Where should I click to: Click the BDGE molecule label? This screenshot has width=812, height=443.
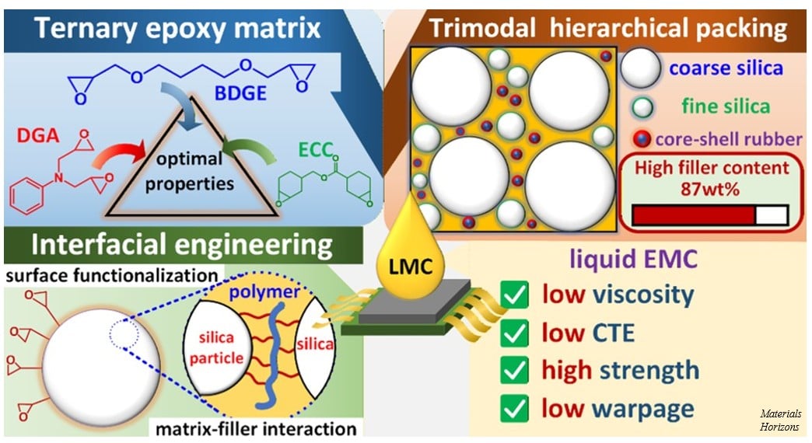click(x=240, y=92)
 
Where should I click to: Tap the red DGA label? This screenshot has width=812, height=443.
click(x=38, y=135)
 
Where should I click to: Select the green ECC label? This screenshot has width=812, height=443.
click(x=315, y=149)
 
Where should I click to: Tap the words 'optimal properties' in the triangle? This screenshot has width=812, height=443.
click(x=190, y=171)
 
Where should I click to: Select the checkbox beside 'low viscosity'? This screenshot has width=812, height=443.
click(x=514, y=295)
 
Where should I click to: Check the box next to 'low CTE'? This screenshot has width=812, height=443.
click(x=514, y=333)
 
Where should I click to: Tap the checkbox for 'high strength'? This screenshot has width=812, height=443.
click(x=514, y=371)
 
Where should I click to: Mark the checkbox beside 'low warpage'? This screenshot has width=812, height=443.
click(x=514, y=408)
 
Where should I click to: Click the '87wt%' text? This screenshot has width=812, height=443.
click(x=710, y=189)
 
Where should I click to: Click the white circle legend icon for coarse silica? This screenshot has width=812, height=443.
click(x=641, y=68)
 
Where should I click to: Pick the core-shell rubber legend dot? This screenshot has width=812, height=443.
click(x=642, y=138)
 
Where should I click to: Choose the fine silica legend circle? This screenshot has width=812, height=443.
click(x=642, y=107)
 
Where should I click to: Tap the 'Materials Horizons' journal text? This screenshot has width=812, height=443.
click(x=780, y=420)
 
